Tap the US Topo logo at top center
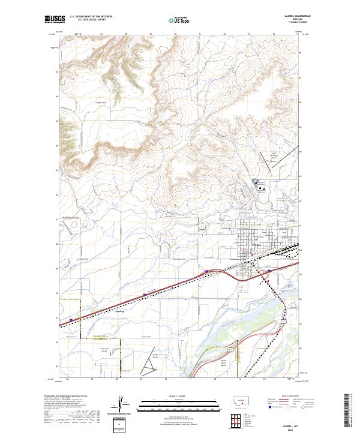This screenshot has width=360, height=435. [180, 19]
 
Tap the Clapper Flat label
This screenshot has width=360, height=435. [100, 102]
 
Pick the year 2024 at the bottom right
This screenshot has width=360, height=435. [295, 428]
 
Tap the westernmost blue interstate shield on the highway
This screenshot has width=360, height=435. [71, 320]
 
